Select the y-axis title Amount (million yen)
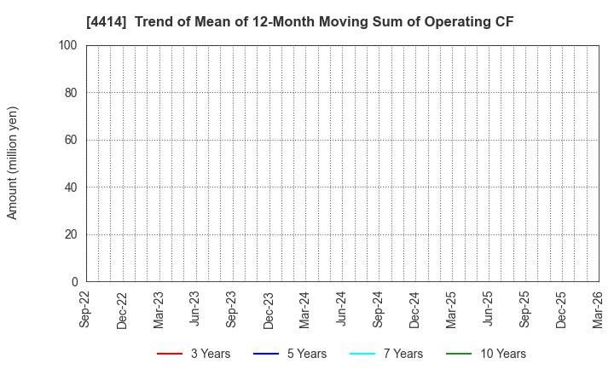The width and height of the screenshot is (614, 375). [x=13, y=163]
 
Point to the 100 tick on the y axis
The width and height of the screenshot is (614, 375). [x=68, y=45]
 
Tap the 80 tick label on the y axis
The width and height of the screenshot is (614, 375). [x=71, y=92]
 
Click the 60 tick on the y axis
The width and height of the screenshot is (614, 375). [x=71, y=140]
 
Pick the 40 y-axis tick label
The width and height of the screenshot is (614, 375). [x=71, y=187]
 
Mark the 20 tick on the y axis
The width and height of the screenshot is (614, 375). [x=71, y=234]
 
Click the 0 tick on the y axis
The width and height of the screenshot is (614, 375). [x=74, y=281]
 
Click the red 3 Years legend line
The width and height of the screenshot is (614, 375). [x=170, y=354]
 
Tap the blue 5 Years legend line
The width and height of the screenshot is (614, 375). [x=266, y=354]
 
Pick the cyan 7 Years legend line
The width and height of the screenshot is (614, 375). [x=362, y=354]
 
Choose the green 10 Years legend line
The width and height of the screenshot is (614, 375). [x=460, y=354]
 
